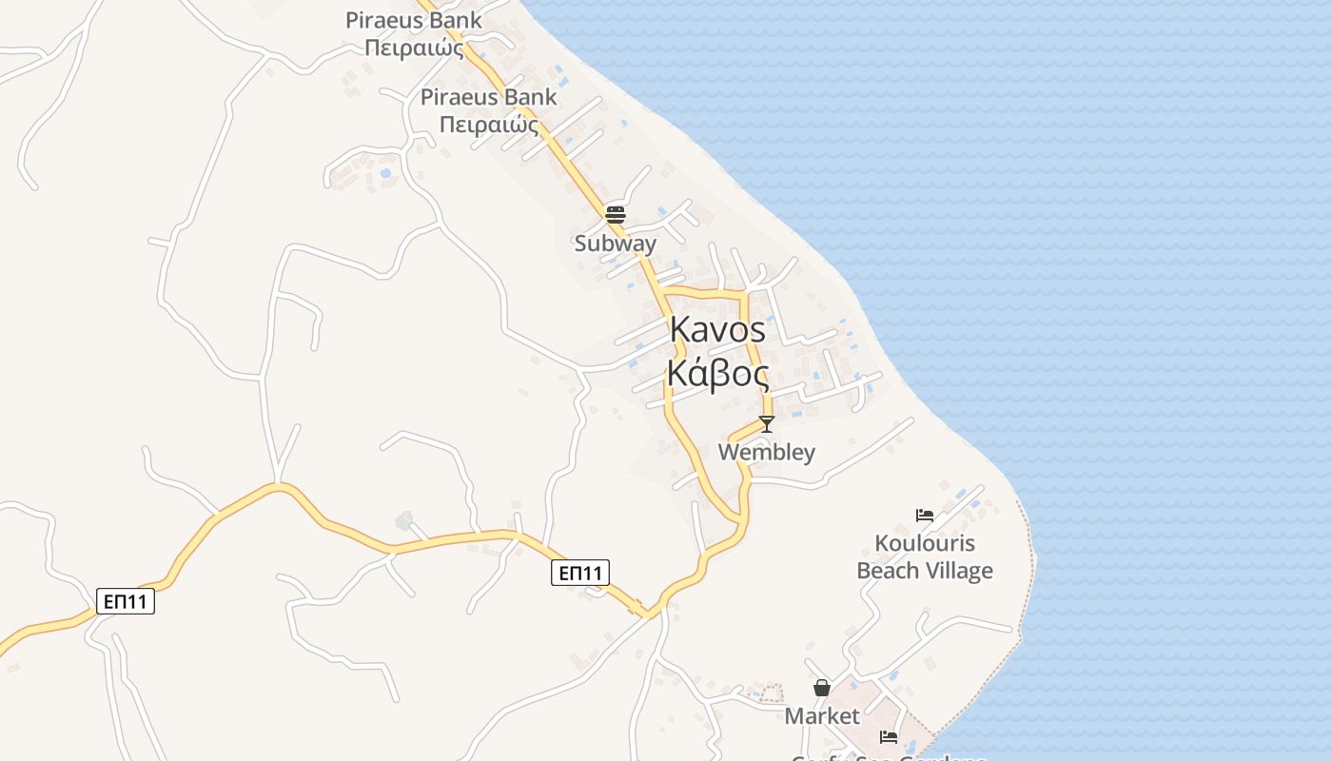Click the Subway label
point(615,244)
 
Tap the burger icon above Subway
point(615,214)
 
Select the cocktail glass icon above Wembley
point(767,423)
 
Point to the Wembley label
point(766,452)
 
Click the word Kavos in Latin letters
point(717,330)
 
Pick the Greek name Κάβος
point(717,373)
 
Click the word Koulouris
point(924,544)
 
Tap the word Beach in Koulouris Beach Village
point(890,571)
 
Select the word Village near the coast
point(959,571)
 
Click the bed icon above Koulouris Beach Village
point(924,516)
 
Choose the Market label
point(822,716)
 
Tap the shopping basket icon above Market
point(822,688)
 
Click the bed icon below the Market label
point(889,736)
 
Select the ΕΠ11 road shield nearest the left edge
point(126,601)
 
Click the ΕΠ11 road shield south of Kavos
point(580,573)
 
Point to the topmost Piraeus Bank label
point(414,20)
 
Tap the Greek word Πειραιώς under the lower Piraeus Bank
point(489,125)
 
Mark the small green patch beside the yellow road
point(404,520)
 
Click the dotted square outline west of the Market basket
point(768,693)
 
